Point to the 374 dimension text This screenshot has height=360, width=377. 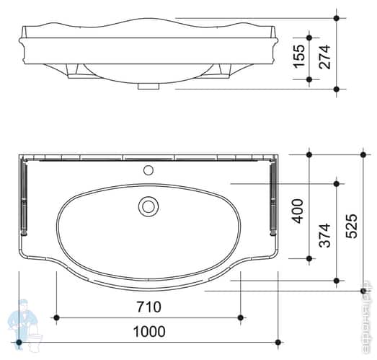pos(324,234)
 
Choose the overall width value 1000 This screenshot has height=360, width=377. pos(148,331)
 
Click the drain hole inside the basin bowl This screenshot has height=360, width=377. pos(148,206)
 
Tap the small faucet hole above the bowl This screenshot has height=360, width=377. pos(148,171)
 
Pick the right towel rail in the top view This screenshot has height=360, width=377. pos(272,196)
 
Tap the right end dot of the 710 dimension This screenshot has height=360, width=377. pos(241,317)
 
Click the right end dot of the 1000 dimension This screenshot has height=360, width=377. pos(278,341)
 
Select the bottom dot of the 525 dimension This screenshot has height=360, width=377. pos(363,291)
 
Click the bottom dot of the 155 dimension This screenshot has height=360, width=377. pos(309,79)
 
